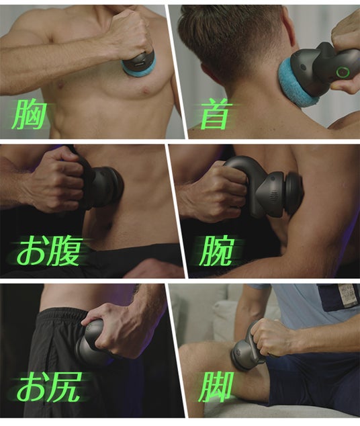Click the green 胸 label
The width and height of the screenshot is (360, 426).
(28, 114)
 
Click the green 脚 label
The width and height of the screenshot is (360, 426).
(216, 387)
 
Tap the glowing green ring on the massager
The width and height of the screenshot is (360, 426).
(343, 73)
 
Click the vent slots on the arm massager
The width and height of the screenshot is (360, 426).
(275, 196)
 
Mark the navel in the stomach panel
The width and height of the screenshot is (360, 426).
(109, 225)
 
